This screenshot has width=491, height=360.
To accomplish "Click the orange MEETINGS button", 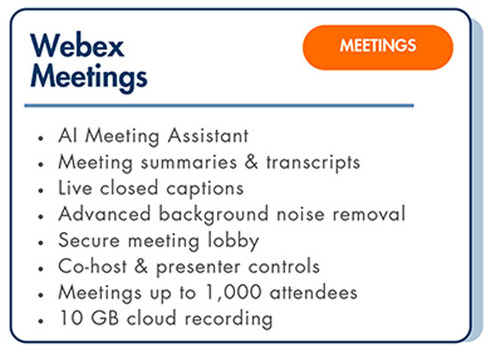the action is point(378,47).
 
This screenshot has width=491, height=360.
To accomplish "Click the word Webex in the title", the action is point(77,46).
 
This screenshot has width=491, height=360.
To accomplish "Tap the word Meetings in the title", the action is point(89,77).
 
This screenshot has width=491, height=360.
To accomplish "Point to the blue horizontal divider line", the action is point(219,106).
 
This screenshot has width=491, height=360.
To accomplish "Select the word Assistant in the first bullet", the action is point(208,136).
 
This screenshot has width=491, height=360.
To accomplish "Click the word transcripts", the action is point(313,162).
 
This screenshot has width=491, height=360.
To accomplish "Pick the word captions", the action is point(205,189).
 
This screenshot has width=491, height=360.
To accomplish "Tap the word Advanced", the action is point(105,214).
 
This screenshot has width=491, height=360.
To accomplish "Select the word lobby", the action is point(233,241).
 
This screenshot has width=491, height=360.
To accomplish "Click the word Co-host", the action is point(93,266).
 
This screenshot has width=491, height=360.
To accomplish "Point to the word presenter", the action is point(198,267).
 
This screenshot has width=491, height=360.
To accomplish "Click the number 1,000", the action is point(233,293).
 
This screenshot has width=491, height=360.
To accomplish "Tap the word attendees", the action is point(313,293).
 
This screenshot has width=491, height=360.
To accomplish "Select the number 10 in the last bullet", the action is point(71,318).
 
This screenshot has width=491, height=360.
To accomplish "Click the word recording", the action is point(228,320).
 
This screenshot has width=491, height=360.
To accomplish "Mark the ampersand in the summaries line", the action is point(252,162).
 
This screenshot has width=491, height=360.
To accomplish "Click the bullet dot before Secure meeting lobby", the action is point(40,242).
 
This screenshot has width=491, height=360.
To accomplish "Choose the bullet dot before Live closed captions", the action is point(40,190).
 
